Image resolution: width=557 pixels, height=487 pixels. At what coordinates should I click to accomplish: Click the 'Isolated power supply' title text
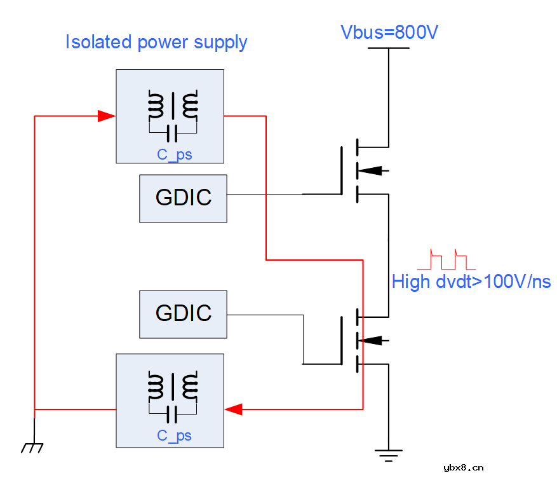[156, 43]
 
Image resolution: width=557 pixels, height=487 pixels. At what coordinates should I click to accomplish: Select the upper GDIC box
[183, 198]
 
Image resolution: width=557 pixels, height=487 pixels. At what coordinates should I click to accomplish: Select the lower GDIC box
[183, 313]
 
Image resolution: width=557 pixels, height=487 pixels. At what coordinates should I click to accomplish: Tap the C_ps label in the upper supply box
[175, 154]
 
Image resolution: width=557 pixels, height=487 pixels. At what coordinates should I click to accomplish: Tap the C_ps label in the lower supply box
[175, 436]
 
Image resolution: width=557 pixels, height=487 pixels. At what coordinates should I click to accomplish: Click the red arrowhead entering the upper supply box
[106, 116]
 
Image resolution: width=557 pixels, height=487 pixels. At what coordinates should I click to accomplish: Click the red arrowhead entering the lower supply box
[234, 409]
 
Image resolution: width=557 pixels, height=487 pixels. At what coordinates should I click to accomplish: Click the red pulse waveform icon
[442, 259]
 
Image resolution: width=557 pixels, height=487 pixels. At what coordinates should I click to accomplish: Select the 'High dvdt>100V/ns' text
[471, 281]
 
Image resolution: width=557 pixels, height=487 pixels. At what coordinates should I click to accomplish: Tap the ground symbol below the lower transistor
[387, 453]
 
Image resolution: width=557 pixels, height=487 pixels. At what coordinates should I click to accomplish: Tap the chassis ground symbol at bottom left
[32, 448]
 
